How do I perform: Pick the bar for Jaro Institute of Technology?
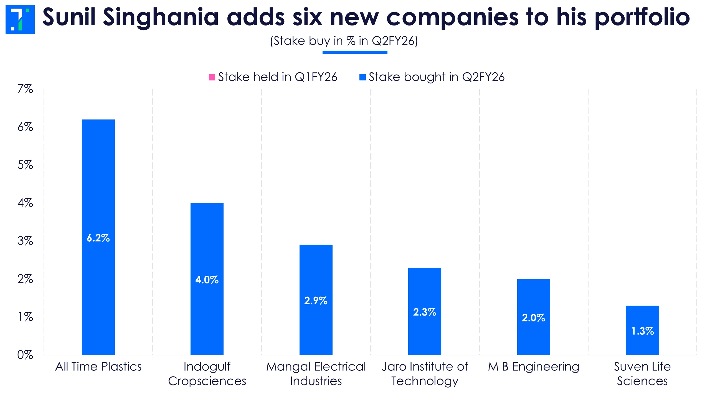425,291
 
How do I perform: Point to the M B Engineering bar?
534,299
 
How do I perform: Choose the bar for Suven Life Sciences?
642,319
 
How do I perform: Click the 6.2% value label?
98,238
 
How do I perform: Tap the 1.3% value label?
642,331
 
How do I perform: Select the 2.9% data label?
316,301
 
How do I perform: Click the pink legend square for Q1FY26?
212,77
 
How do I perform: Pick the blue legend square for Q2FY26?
362,77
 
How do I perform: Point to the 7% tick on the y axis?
25,89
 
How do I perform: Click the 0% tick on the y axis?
25,355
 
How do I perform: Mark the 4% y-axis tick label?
25,203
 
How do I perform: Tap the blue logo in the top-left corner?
20,19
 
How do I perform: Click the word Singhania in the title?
161,17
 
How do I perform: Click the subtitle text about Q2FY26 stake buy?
344,41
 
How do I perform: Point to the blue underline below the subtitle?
355,52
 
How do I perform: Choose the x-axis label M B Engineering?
534,367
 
